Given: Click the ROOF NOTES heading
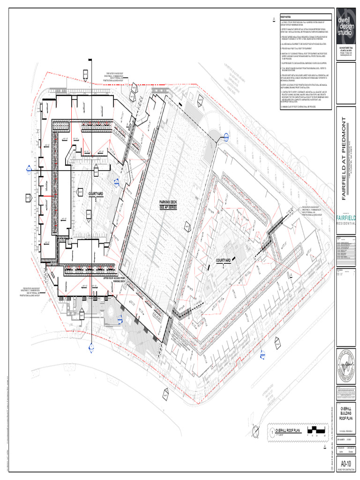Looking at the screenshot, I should coord(285,16).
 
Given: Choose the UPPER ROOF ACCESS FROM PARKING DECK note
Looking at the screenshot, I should coord(113,280).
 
